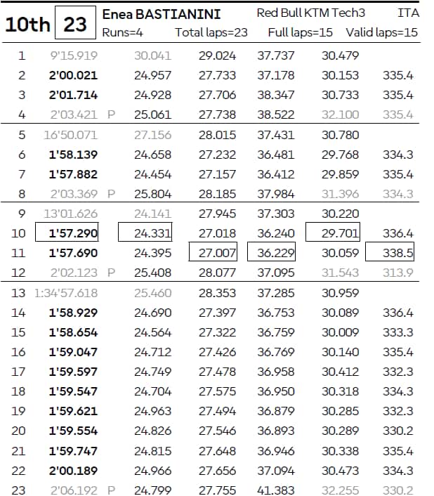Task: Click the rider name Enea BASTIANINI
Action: point(161,14)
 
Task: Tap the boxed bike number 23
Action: point(75,25)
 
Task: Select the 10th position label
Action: point(27,25)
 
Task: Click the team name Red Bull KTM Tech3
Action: point(311,14)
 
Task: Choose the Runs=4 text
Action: point(122,32)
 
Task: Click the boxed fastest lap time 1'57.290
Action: point(73,233)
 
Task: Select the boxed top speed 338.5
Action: point(398,253)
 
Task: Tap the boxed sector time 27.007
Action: point(218,253)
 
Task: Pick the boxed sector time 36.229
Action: point(276,253)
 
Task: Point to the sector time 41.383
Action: point(276,490)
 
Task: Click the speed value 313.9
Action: point(398,273)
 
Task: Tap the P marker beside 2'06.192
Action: point(111,490)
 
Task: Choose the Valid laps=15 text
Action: point(381,32)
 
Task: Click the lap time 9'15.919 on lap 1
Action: point(73,56)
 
